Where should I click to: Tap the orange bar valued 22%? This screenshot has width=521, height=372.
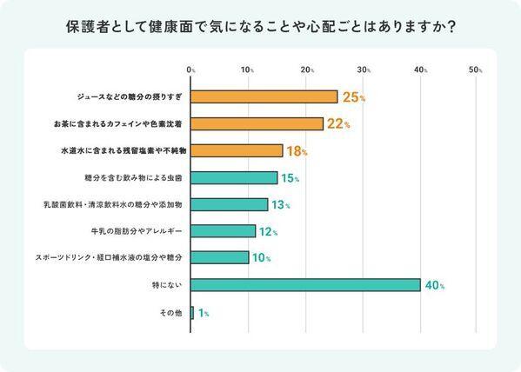(x=257, y=124)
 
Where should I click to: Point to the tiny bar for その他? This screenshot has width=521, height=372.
(x=192, y=312)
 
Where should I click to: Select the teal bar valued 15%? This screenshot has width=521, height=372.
(x=234, y=178)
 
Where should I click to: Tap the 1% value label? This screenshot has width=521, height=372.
(x=204, y=312)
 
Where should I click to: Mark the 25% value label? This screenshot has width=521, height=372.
(x=353, y=97)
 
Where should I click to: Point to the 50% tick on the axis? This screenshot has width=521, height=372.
(x=475, y=69)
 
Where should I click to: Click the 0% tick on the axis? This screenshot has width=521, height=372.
(x=191, y=69)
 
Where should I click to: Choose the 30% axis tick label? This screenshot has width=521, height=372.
(x=363, y=69)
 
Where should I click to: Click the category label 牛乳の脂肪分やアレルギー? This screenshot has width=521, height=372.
(x=136, y=231)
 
